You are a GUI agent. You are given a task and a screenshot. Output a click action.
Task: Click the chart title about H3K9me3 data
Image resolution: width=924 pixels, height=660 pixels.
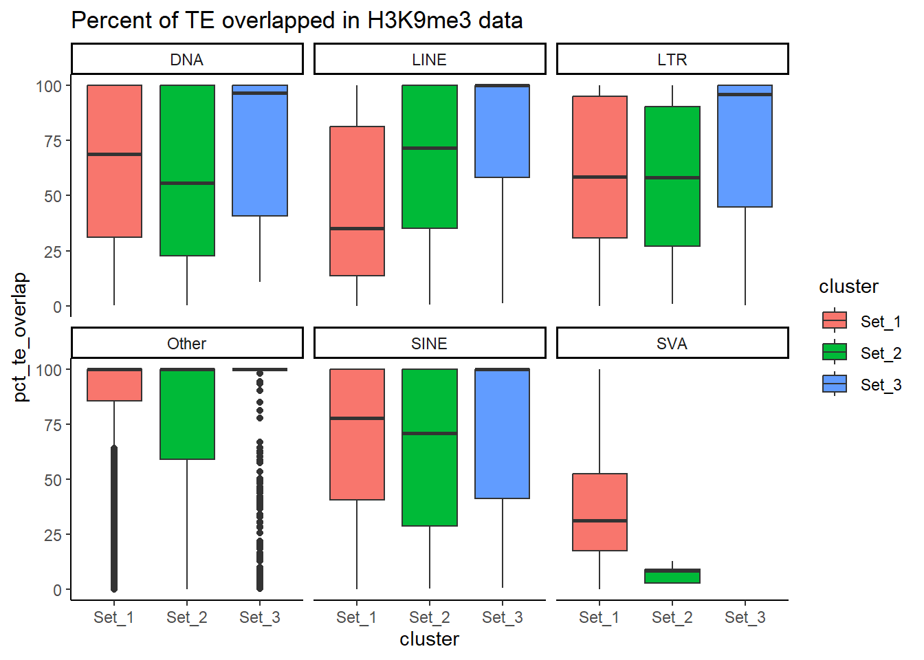[x=296, y=21]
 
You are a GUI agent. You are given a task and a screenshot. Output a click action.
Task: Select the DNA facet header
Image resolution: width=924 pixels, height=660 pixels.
[x=187, y=60]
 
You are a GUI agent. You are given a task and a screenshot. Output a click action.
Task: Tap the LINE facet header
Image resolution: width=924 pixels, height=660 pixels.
[x=430, y=60]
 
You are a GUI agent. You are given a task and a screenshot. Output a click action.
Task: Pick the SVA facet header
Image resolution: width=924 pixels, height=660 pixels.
[x=672, y=344]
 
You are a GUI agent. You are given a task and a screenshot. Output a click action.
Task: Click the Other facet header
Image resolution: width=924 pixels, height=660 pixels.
[x=187, y=344]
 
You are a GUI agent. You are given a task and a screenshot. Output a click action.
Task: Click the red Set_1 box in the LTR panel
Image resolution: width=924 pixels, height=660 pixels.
[x=599, y=137]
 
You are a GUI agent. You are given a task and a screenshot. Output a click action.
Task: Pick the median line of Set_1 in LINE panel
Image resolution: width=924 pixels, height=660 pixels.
[x=357, y=228]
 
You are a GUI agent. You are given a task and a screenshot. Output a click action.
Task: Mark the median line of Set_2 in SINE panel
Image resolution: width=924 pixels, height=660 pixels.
[x=430, y=433]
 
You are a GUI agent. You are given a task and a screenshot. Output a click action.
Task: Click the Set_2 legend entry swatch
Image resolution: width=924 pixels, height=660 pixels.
[x=835, y=353]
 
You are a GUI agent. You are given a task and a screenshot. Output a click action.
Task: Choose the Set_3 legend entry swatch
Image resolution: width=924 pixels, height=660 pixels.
[x=835, y=384]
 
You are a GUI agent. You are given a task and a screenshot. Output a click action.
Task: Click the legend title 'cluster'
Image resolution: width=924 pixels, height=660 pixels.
[x=848, y=287]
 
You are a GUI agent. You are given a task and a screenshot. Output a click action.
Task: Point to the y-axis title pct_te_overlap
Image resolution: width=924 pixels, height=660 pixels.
[x=21, y=337]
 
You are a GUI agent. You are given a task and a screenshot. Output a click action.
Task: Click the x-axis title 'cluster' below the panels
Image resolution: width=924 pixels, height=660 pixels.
[x=429, y=639]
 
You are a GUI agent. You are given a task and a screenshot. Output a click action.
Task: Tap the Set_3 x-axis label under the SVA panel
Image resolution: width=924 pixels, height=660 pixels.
[x=745, y=617]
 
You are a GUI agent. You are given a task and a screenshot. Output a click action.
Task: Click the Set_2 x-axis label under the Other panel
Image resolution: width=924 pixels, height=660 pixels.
[x=187, y=617]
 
